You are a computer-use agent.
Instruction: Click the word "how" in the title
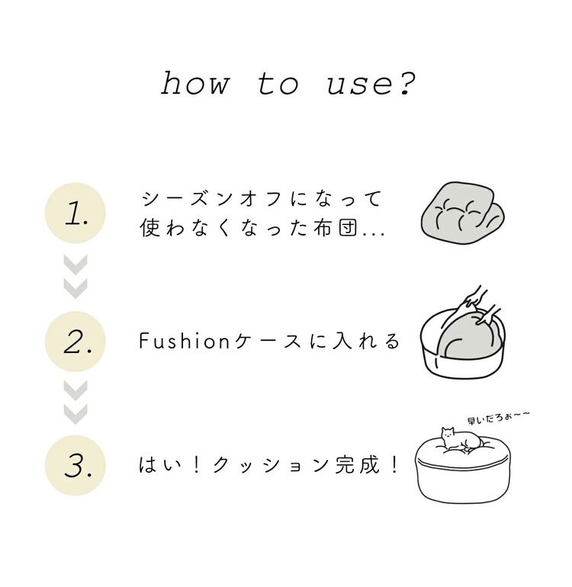194,83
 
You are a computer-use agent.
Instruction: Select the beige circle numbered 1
76,213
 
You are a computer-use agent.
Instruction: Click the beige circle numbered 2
76,341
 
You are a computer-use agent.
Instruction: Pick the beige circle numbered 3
76,465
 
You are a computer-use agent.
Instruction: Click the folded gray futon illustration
462,213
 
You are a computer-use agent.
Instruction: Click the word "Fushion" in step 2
184,341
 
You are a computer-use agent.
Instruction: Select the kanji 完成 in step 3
358,465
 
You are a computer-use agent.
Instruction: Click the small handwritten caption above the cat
499,418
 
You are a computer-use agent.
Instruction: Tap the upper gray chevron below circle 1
76,265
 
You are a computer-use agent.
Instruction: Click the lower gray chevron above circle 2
76,289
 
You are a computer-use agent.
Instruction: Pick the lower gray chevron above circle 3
76,415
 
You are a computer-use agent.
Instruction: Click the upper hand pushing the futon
474,297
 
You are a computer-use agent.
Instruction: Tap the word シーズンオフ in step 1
212,199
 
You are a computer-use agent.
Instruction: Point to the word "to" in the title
278,84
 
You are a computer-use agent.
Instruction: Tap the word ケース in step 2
268,341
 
